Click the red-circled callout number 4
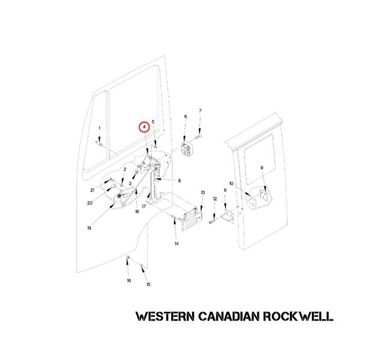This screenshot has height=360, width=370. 144,127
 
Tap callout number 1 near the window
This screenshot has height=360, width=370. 99,128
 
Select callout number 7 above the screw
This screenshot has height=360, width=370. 200,110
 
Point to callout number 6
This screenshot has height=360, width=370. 186,117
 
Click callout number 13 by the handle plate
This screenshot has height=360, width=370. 203,193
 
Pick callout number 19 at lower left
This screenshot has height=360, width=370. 89,228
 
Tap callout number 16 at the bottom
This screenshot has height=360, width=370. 129,280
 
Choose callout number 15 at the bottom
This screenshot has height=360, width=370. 148,285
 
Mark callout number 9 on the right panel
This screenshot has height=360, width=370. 262,168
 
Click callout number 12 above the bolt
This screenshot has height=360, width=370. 215,199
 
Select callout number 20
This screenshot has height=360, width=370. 89,203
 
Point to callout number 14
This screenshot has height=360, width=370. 177,243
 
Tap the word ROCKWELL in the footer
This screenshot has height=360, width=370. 298,316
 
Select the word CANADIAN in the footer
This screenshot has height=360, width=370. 229,316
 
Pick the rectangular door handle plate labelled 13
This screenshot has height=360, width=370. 192,221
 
